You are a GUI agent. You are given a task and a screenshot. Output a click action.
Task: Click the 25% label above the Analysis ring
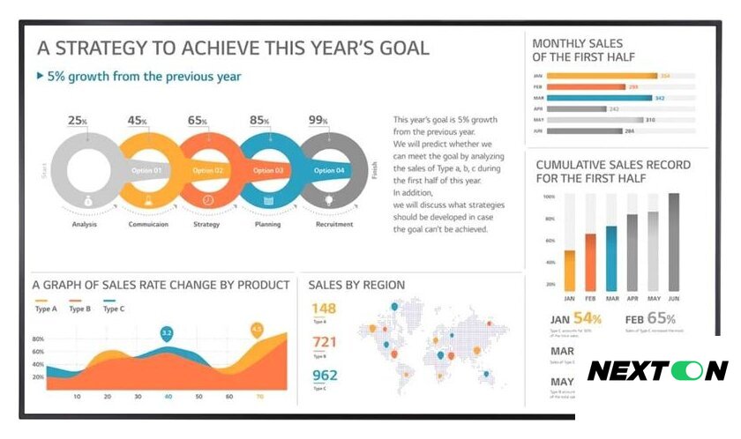(x=78, y=121)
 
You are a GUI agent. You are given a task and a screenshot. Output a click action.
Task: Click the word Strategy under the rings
(x=206, y=225)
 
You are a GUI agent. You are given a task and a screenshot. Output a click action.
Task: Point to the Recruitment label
(x=334, y=225)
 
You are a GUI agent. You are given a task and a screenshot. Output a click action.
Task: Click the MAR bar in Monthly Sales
(x=600, y=98)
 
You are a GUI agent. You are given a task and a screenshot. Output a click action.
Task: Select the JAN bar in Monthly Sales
(x=603, y=76)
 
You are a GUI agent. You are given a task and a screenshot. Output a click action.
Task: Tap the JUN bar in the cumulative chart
(x=674, y=242)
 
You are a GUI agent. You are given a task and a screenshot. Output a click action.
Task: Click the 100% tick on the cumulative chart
(x=548, y=197)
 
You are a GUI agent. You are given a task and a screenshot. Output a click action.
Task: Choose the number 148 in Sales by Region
(x=324, y=309)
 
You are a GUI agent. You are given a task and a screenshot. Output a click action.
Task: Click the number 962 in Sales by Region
(x=324, y=376)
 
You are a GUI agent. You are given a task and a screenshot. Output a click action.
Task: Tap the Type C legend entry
(x=114, y=309)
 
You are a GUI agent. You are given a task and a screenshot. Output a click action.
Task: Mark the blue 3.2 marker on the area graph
(x=166, y=333)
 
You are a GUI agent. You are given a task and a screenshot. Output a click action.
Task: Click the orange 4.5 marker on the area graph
(x=257, y=330)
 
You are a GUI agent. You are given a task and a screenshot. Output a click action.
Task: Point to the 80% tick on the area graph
(x=38, y=339)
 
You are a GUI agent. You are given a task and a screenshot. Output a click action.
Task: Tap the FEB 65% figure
(x=650, y=319)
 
